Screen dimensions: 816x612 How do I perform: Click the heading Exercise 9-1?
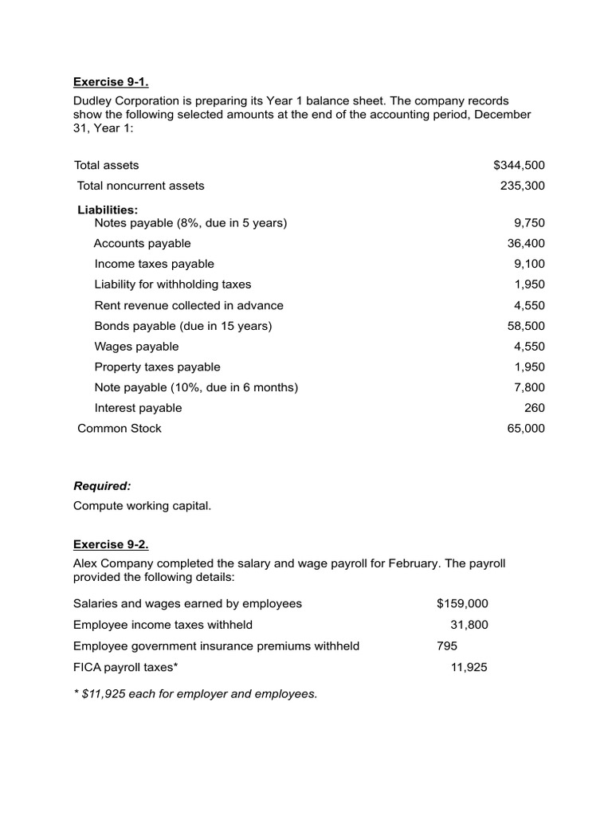click(x=111, y=81)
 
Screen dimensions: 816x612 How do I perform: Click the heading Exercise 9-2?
click(x=111, y=545)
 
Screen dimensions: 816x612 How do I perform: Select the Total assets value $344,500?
click(x=519, y=165)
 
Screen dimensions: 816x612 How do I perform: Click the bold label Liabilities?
click(x=108, y=210)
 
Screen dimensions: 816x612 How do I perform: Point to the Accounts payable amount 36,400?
click(x=526, y=244)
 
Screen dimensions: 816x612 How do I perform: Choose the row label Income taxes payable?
click(x=154, y=264)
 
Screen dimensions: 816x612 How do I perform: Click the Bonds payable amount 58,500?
click(x=526, y=326)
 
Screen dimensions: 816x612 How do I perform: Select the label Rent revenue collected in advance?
click(x=189, y=305)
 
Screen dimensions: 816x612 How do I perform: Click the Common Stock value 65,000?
click(x=526, y=429)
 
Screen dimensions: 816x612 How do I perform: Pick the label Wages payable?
click(x=136, y=347)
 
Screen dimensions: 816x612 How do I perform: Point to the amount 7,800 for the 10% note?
click(x=529, y=387)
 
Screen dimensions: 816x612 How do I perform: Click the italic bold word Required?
click(x=102, y=486)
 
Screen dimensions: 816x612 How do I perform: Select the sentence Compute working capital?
click(x=143, y=506)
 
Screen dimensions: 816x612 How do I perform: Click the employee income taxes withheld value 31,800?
click(x=469, y=625)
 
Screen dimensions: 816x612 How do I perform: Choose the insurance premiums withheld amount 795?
click(x=447, y=645)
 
